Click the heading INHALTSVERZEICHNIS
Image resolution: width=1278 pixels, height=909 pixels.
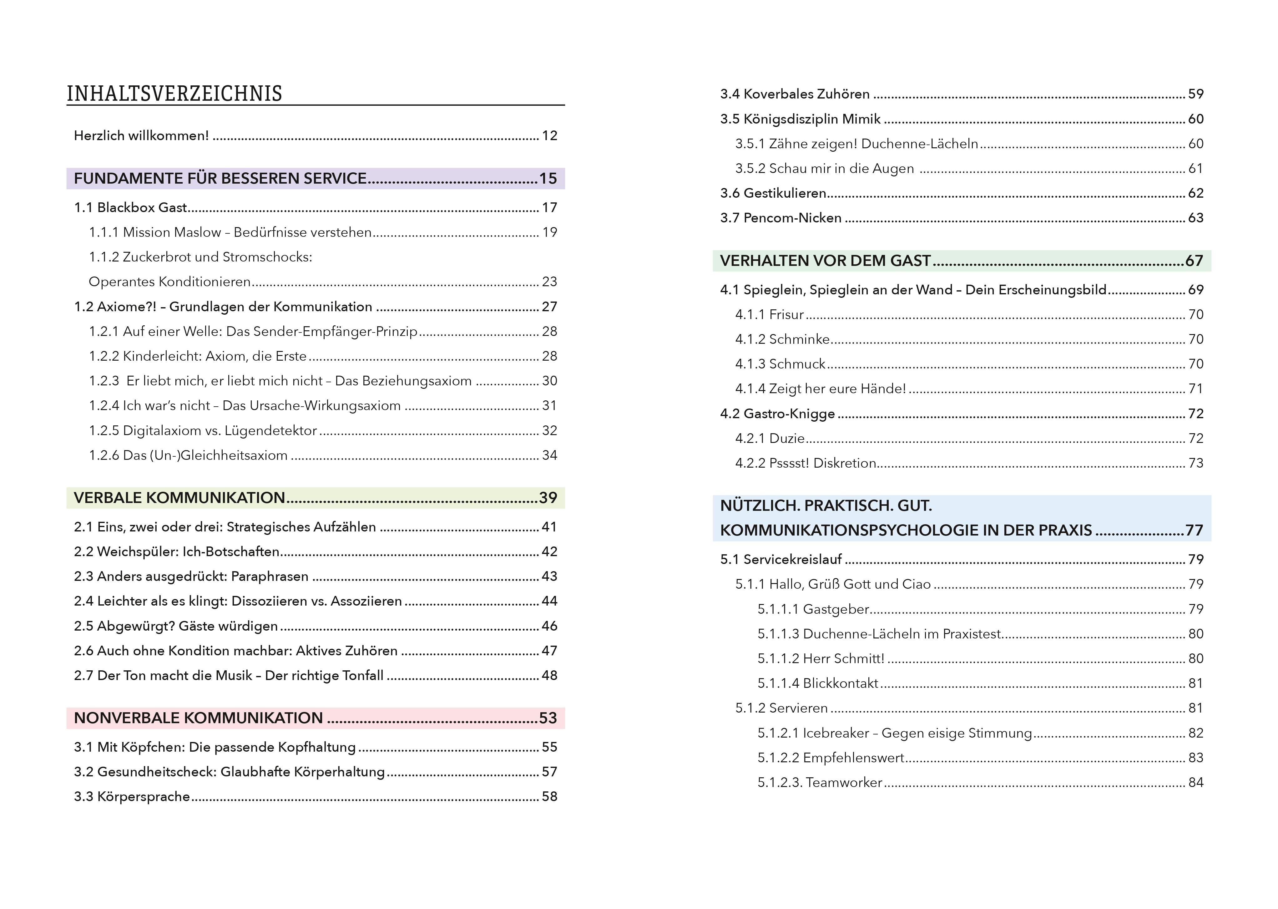pos(174,94)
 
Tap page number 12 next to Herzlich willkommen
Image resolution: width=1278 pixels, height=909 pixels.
pos(549,135)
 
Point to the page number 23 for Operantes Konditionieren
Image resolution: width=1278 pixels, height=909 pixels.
pos(549,282)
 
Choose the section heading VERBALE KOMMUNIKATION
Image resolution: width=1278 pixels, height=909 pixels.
pos(179,498)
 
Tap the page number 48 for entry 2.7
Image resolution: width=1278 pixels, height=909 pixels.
pos(549,676)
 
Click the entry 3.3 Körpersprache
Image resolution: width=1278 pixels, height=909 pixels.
pos(132,796)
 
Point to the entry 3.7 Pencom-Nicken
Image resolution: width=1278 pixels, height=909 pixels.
pos(780,218)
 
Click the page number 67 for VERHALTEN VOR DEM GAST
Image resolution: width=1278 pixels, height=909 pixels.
pos(1194,261)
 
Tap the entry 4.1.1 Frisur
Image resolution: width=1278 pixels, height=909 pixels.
pos(769,315)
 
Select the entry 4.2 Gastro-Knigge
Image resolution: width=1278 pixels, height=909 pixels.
pos(777,414)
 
